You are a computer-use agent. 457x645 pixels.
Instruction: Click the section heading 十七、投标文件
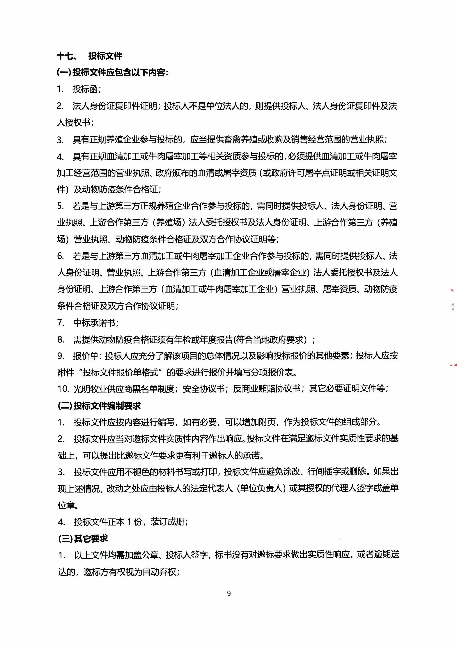(x=89, y=56)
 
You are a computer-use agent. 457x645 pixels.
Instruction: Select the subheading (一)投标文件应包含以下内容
(x=113, y=73)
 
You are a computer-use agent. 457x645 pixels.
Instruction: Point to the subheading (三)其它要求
(x=83, y=538)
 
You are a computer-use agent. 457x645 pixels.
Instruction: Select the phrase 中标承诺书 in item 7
(x=94, y=323)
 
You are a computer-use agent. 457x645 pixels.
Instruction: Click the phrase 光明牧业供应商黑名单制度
(x=124, y=389)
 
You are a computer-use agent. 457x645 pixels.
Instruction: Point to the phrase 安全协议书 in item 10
(x=203, y=389)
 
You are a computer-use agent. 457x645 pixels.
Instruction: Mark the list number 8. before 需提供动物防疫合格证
(x=61, y=339)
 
